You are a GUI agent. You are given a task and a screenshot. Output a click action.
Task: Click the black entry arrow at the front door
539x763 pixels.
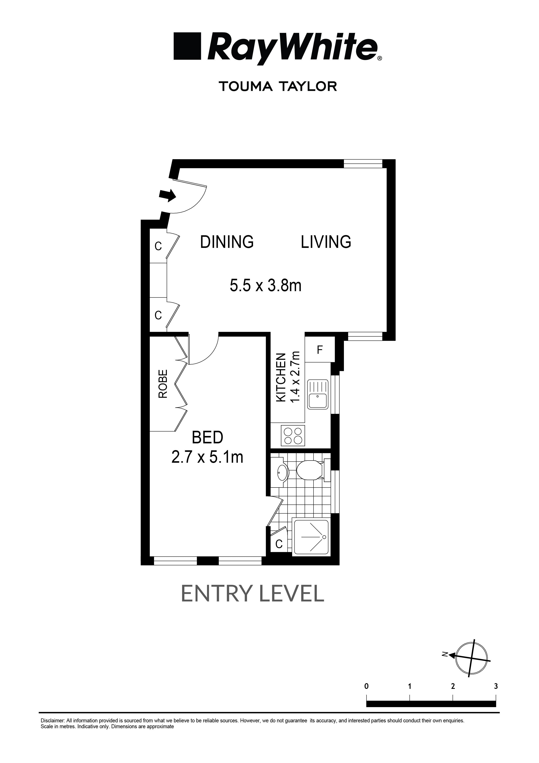(167, 195)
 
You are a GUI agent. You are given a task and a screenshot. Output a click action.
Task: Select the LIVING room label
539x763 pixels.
(326, 242)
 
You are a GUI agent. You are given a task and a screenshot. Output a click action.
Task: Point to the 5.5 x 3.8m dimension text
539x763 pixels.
(265, 285)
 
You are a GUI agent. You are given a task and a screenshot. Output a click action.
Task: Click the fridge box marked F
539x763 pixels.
(320, 350)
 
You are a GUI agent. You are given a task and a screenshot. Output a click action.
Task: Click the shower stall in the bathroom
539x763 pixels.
(311, 537)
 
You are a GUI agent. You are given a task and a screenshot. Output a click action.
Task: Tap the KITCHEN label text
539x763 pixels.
(281, 377)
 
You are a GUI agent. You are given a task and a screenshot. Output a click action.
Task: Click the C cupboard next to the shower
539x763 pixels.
(279, 544)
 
